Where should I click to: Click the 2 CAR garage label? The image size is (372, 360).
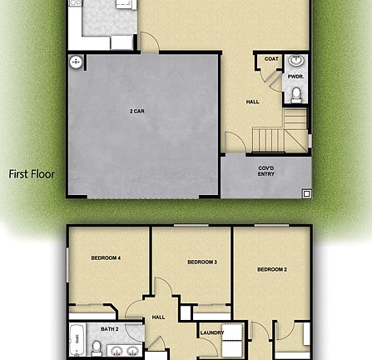coord(137,111)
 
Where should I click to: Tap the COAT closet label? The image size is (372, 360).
coord(271,59)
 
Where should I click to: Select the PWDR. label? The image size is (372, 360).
coord(295,76)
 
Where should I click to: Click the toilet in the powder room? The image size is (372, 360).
coord(296,93)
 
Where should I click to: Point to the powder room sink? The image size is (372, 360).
coord(296,62)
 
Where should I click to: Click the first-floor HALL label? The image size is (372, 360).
coord(252,102)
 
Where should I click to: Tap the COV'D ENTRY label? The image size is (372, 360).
coord(265,171)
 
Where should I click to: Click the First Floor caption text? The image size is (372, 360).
coord(32,174)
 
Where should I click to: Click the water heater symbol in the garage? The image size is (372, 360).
coord(76,62)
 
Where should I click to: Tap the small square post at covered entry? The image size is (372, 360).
coord(306,193)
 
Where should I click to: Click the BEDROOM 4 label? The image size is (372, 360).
coord(106,258)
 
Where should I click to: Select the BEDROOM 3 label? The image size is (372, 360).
coord(201,262)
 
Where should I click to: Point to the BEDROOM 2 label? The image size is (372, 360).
coord(271,269)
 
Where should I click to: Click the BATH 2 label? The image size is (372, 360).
coord(110,329)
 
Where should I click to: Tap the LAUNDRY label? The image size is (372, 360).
coord(212,333)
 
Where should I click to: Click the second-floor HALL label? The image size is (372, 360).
coord(158,317)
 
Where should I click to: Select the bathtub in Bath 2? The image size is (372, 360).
coord(77,339)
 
